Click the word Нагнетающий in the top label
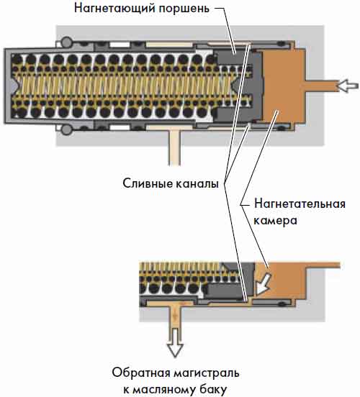(114, 8)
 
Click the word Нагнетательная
(300, 204)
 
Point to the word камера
(275, 220)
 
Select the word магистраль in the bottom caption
(207, 373)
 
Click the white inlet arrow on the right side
(347, 86)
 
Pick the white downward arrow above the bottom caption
(175, 343)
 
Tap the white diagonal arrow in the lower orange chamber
(263, 284)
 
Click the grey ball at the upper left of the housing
(67, 42)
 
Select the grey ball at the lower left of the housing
(67, 129)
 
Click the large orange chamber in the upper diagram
(284, 86)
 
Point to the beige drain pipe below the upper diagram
(175, 147)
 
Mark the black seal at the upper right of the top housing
(281, 44)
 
